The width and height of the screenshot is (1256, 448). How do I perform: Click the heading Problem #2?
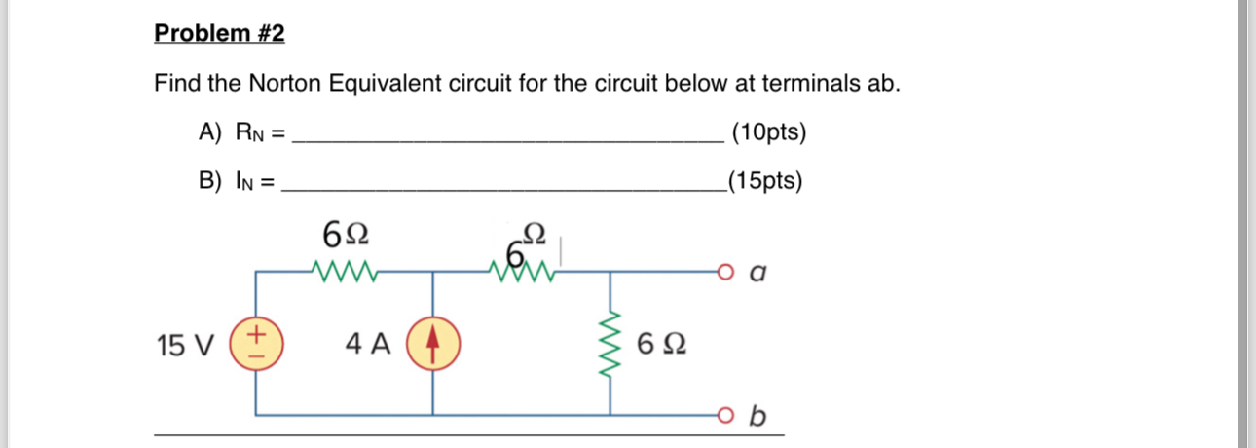coord(220,34)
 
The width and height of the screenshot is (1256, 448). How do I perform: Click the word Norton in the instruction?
coord(283,84)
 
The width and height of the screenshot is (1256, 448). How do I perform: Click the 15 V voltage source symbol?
coord(256,345)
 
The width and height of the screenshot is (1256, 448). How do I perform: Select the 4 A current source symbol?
coord(432,345)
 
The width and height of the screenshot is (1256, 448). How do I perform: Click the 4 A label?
coord(368,345)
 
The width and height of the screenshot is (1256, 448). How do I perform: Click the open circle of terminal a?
coord(722,273)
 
